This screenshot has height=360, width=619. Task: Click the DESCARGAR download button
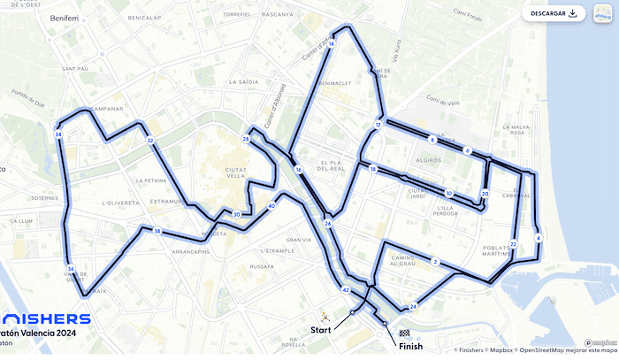[554, 13]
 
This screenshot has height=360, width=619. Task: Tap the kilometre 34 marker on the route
[58, 134]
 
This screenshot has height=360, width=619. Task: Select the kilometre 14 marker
[331, 42]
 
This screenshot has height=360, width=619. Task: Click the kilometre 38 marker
[157, 232]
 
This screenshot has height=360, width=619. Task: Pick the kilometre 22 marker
[513, 244]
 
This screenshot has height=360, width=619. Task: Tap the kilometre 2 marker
[435, 262]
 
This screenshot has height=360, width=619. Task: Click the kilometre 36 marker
[70, 269]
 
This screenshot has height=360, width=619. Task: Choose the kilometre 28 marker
[246, 140]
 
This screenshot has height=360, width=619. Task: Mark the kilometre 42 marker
[346, 290]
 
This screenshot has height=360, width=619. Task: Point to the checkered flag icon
[404, 333]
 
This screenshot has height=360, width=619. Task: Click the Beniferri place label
[65, 18]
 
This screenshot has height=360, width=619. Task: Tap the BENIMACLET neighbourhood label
[340, 83]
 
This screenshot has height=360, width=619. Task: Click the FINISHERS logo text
[45, 318]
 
